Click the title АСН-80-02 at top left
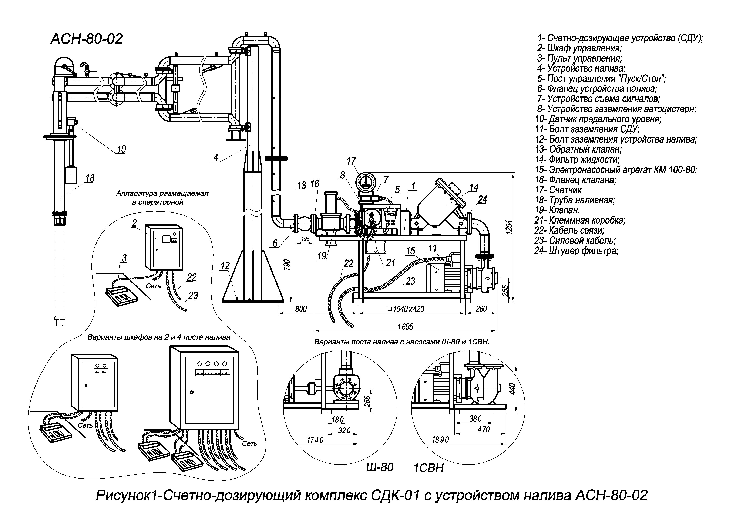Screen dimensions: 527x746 point(87,39)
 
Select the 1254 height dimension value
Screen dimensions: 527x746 point(509,227)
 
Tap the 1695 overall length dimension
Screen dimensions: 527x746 point(405,327)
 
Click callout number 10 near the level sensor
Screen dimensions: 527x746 point(121,149)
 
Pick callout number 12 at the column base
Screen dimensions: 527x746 point(225,266)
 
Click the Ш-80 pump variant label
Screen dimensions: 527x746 point(380,467)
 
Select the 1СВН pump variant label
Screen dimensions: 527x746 point(429,468)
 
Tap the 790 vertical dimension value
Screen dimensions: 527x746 point(287,265)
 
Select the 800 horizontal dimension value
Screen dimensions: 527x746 point(301,309)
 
